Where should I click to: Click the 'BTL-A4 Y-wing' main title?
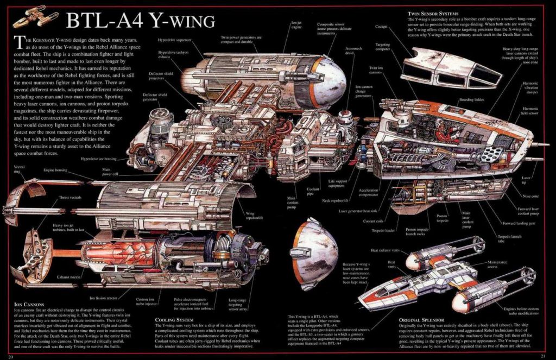click(140, 20)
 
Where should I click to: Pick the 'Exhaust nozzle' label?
click(68, 277)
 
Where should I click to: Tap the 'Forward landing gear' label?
click(520, 223)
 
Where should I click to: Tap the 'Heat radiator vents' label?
click(385, 250)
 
